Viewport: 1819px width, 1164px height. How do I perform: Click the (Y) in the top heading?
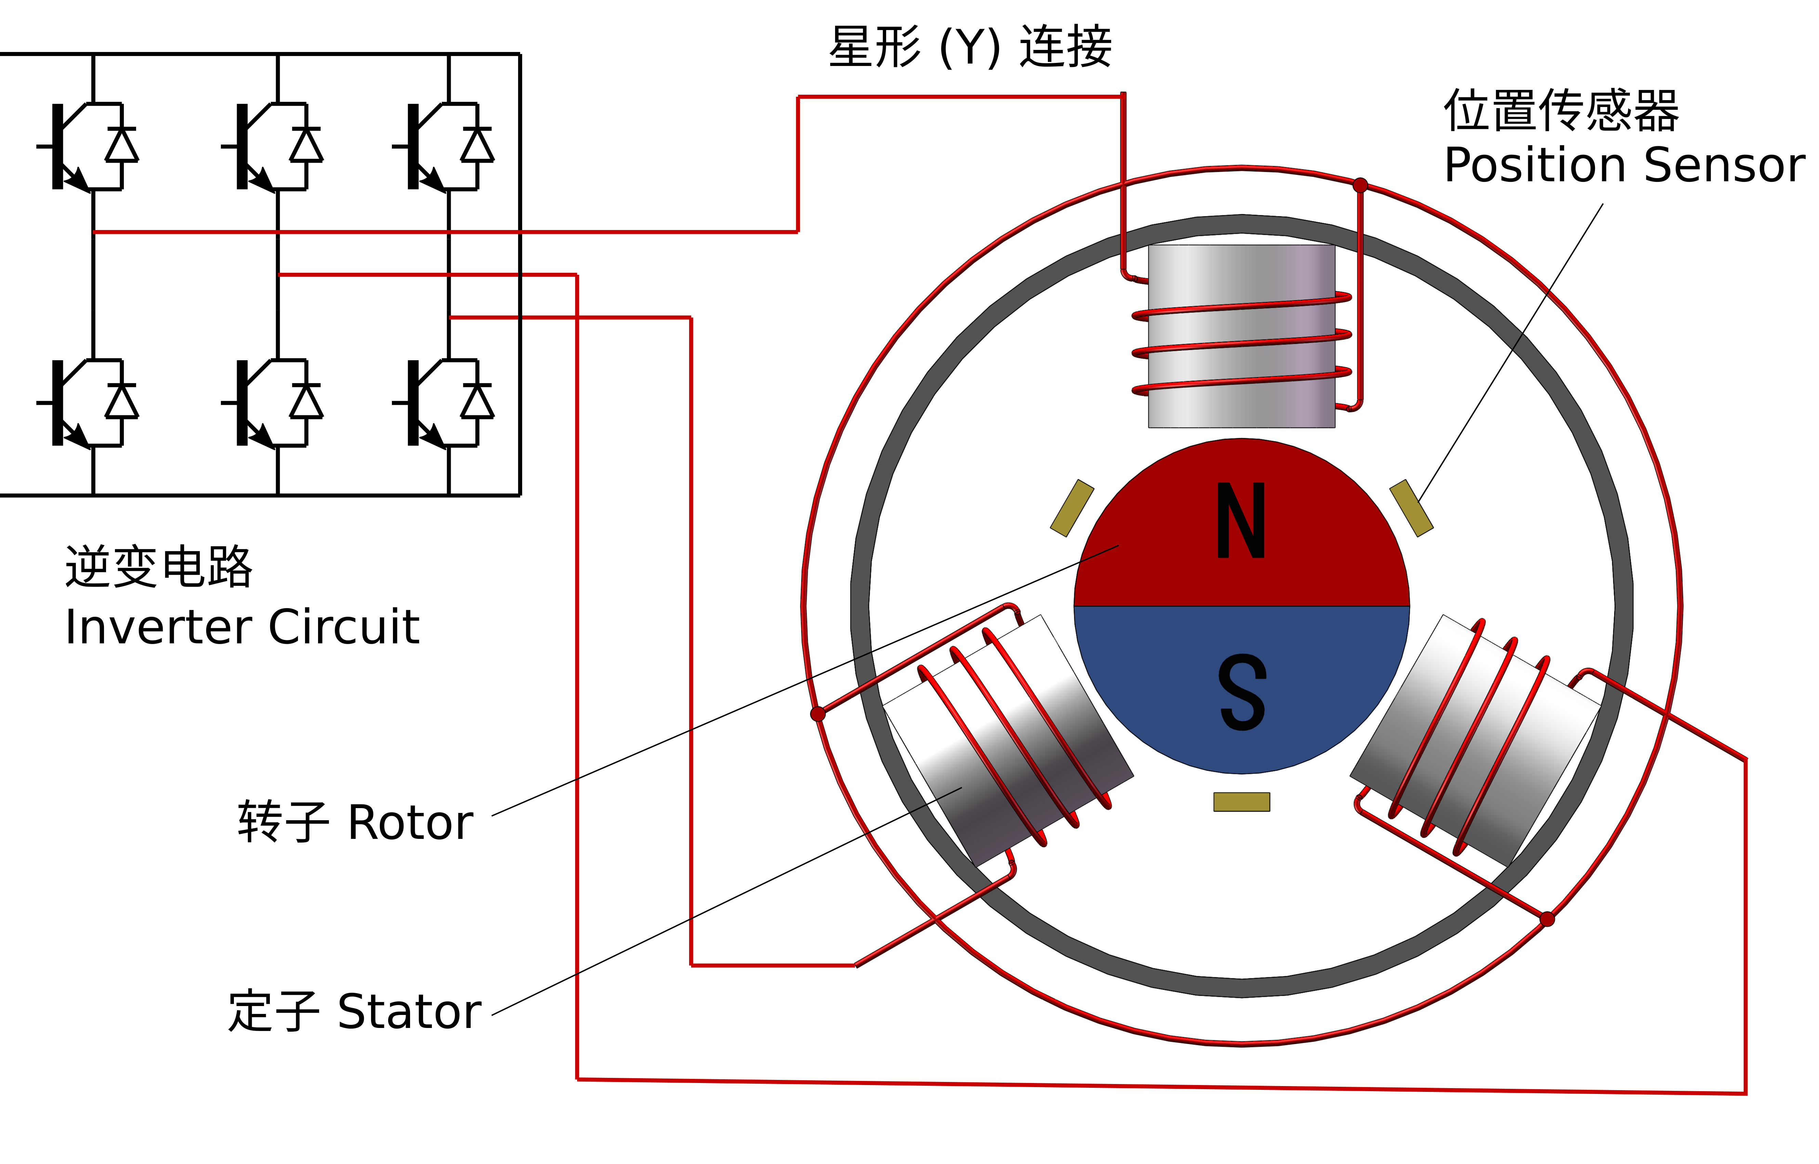(x=970, y=47)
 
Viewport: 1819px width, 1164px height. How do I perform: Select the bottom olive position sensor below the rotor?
(x=1241, y=802)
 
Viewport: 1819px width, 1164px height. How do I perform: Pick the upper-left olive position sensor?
(x=1072, y=508)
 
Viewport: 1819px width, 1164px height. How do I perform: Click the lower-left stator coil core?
(x=1008, y=741)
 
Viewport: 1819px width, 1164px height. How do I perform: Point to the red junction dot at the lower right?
(x=1547, y=919)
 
